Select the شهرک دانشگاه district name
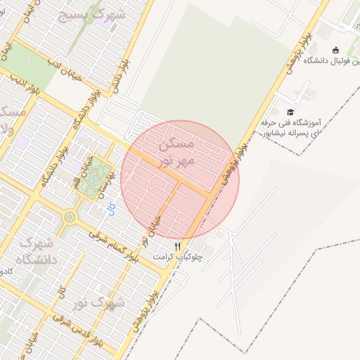tap(28, 251)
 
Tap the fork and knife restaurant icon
tap(178, 246)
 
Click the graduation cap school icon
tap(290, 112)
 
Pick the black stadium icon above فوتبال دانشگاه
tap(335, 49)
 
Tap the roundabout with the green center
tap(69, 217)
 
